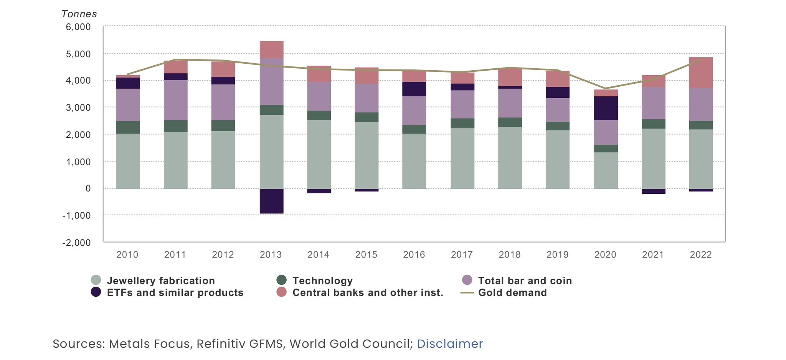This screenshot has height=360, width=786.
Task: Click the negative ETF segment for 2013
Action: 271,201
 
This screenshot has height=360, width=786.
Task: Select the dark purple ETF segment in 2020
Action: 606,108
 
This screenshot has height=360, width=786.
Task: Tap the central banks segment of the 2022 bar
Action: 701,73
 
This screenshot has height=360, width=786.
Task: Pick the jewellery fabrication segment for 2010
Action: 128,161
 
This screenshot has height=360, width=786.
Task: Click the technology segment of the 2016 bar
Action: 414,129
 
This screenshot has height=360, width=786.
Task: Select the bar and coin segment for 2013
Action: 271,81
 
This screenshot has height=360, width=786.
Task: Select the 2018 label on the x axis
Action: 509,255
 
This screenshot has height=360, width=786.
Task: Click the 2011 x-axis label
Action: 175,255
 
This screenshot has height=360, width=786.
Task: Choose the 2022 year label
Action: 701,255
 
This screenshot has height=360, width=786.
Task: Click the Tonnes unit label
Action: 79,14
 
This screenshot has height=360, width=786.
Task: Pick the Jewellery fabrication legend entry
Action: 160,281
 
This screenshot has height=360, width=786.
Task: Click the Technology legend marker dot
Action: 281,280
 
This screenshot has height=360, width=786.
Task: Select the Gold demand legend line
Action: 467,292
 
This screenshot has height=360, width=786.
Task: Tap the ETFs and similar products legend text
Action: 175,292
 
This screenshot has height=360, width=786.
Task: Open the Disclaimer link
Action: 450,343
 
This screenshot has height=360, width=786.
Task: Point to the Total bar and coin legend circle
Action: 467,280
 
